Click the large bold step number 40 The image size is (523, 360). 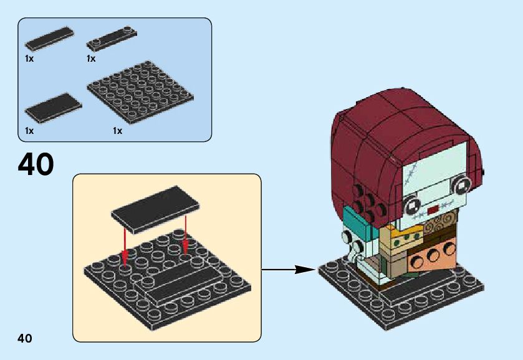coord(36,164)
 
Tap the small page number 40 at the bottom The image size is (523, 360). coord(25,338)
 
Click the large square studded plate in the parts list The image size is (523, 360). coord(140,94)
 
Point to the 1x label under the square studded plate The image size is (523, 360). coord(117,131)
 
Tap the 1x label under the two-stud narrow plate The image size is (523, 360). coord(91,59)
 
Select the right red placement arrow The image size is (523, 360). coord(186,234)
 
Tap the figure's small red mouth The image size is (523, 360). coord(433,210)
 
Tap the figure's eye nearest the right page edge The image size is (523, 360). coord(462,184)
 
